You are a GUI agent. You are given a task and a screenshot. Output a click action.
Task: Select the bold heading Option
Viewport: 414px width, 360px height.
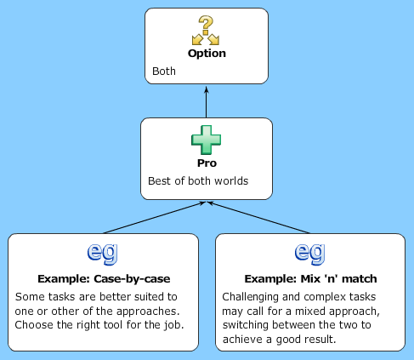tap(207, 53)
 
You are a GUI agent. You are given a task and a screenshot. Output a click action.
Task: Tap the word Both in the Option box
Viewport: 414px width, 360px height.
tap(163, 71)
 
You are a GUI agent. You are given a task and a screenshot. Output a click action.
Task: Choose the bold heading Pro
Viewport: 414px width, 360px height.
tap(207, 163)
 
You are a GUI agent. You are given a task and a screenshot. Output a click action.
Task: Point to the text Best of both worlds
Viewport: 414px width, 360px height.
tap(197, 181)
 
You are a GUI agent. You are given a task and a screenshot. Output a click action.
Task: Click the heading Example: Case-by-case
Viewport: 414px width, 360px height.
tap(103, 278)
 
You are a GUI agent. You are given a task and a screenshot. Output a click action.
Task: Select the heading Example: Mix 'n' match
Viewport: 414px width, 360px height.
tap(310, 278)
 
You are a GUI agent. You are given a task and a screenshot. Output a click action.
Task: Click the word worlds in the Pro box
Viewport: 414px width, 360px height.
tap(231, 181)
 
